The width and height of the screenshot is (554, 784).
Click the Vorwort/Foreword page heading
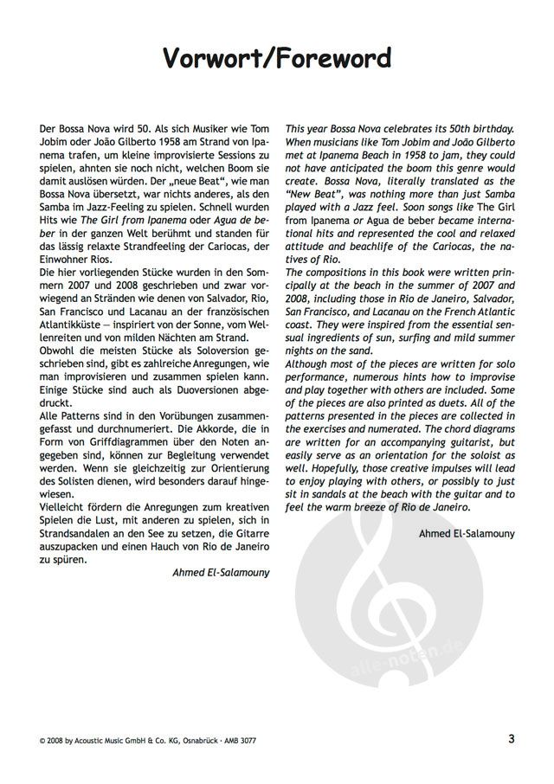(x=276, y=58)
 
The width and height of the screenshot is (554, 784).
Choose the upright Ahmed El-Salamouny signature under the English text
(x=467, y=533)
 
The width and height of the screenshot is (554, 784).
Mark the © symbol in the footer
(x=43, y=741)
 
